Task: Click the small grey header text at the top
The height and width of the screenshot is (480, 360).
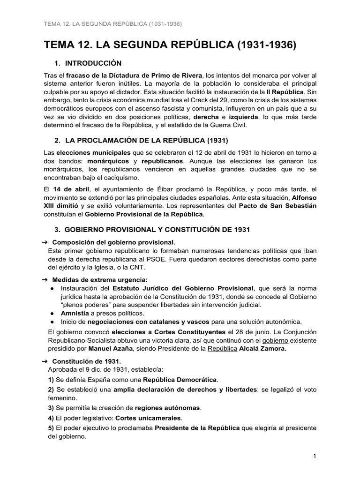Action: [112, 23]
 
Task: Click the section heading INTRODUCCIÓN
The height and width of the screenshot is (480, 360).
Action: [93, 63]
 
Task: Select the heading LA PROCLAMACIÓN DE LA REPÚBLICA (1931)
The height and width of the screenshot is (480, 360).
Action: [147, 140]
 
